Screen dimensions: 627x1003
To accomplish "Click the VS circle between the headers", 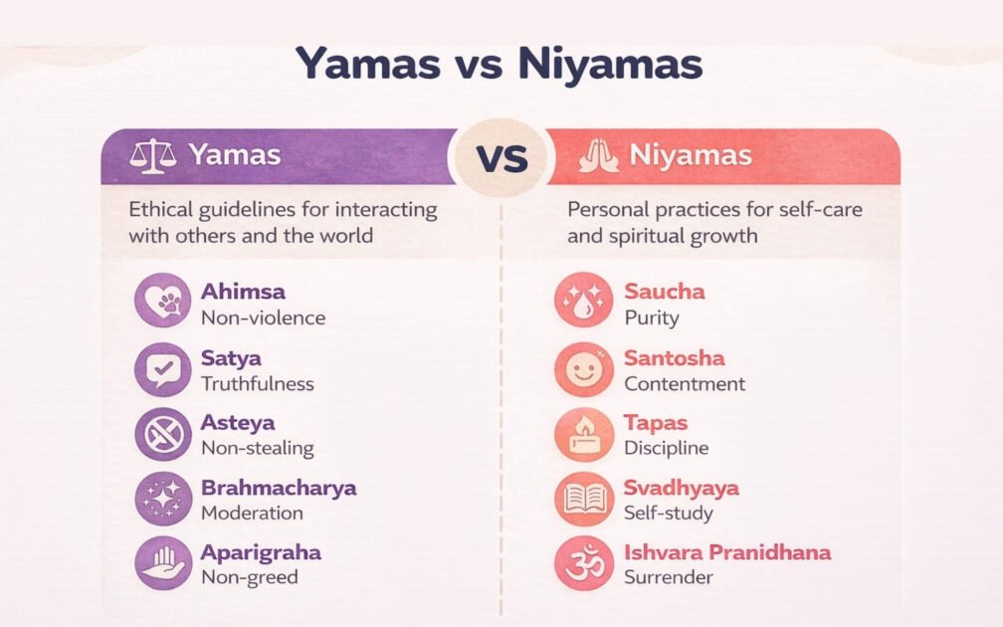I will [x=502, y=159].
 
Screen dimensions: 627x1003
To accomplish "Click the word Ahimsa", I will [x=243, y=292].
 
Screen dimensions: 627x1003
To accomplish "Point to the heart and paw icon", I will [x=163, y=301].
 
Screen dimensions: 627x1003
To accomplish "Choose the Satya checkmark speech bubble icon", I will [x=163, y=369].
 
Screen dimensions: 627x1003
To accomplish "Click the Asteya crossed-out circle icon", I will [x=163, y=434].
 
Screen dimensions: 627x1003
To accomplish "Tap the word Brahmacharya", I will [x=278, y=488].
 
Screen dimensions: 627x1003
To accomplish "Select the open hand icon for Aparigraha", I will [x=163, y=563].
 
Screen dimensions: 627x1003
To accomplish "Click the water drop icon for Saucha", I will [x=583, y=301].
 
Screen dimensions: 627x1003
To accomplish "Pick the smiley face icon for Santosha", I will [x=583, y=369].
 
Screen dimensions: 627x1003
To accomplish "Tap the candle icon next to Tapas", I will [x=583, y=434].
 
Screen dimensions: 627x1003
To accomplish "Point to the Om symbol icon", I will [x=583, y=563].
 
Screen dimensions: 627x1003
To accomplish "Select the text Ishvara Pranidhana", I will [x=726, y=552].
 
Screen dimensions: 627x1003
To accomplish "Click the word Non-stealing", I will [x=257, y=448].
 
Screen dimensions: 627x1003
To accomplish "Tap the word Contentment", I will [x=684, y=383].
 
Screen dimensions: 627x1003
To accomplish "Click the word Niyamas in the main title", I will [x=610, y=65].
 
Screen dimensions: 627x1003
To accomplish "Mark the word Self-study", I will [x=668, y=513].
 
